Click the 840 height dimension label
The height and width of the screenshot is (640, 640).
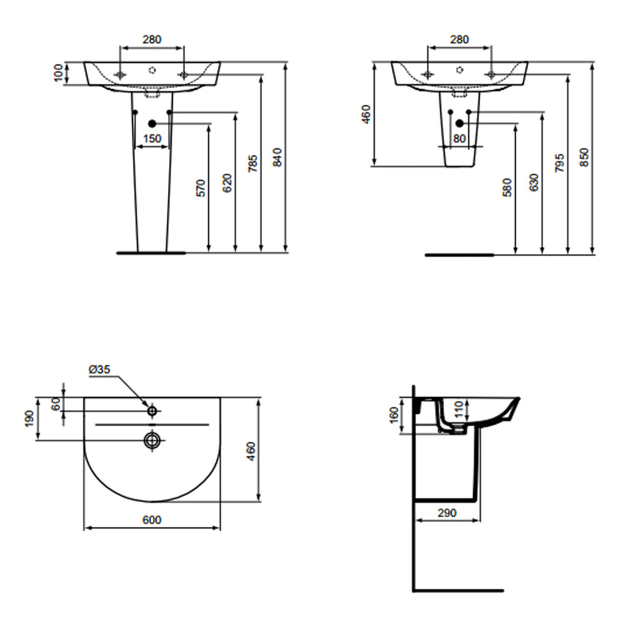279,157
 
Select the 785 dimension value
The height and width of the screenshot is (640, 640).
253,164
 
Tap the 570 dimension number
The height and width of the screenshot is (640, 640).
201,188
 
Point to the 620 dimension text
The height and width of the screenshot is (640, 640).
227,182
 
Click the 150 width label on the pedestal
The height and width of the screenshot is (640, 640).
152,139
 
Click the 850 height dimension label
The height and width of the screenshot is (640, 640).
584,157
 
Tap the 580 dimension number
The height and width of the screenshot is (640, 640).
507,187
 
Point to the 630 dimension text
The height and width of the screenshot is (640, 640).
534,182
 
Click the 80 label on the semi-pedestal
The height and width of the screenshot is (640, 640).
459,139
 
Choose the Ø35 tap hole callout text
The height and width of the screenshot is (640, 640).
99,369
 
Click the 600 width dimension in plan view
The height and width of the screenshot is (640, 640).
152,520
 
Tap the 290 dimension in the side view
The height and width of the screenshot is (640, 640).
446,513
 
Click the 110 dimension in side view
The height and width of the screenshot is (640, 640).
459,409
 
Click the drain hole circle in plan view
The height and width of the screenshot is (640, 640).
152,440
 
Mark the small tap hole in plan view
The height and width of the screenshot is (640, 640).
152,411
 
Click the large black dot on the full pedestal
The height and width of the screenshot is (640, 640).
152,124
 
